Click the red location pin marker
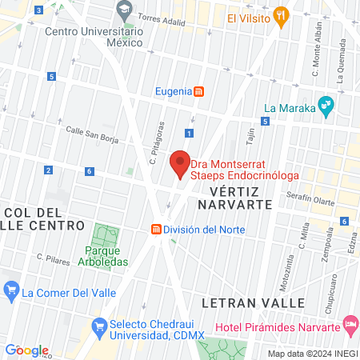coord(181,162)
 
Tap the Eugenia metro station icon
coord(198,91)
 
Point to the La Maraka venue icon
coord(326,104)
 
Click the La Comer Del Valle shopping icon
coord(11,291)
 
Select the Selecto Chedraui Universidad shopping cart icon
coord(99,326)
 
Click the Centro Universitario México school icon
coord(124,11)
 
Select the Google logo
coord(26,350)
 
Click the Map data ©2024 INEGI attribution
coord(312,354)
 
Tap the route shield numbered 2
coord(49,170)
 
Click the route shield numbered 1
coord(190,133)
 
